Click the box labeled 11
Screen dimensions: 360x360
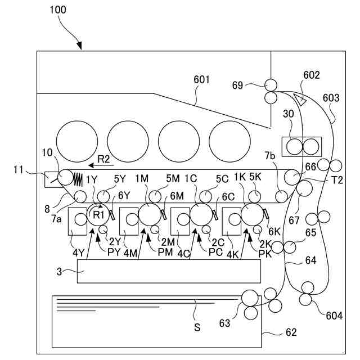point(51,179)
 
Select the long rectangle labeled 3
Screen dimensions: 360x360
point(169,271)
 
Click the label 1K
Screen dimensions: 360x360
point(240,178)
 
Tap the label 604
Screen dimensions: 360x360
point(334,315)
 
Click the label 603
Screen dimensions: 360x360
point(331,97)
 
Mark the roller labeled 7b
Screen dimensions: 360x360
point(281,196)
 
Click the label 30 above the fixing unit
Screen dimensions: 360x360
point(288,128)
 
